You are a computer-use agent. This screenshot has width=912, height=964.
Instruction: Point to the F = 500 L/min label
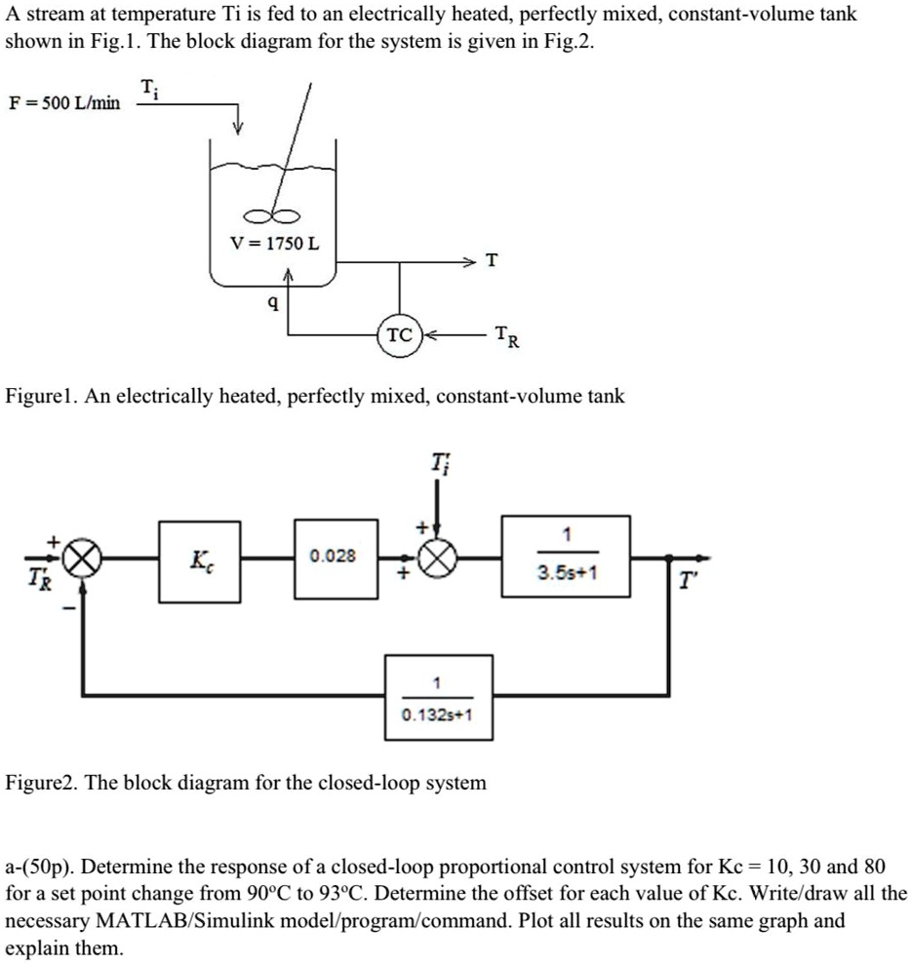64,102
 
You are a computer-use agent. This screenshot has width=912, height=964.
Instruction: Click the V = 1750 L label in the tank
274,242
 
